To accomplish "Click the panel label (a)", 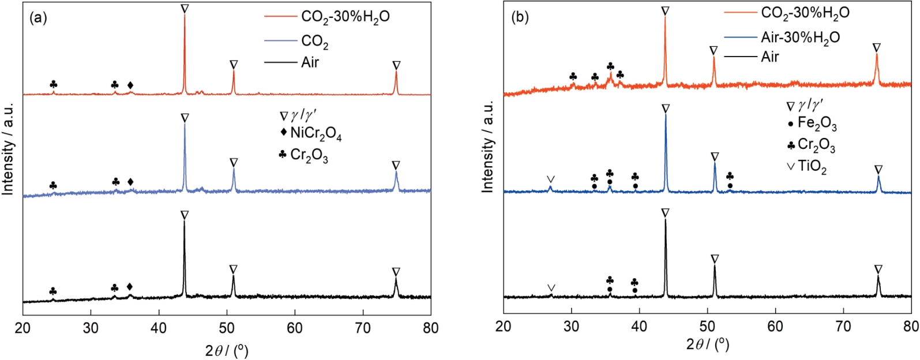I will click(x=38, y=18).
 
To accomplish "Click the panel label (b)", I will click(x=520, y=18).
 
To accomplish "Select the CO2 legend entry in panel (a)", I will click(x=314, y=42).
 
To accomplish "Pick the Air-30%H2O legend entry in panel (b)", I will click(x=800, y=38).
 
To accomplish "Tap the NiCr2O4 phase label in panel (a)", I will click(x=316, y=134).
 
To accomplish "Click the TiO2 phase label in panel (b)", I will click(x=812, y=167).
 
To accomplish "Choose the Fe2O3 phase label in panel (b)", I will click(x=817, y=123).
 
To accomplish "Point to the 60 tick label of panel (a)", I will click(x=295, y=328).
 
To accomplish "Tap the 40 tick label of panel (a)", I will click(x=159, y=328).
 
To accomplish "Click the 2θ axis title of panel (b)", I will click(x=707, y=345).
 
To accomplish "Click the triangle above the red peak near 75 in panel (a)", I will click(x=396, y=65).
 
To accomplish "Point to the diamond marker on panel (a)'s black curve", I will click(x=130, y=287).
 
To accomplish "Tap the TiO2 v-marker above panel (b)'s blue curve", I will click(x=551, y=179).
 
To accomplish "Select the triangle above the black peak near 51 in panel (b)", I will click(x=715, y=259).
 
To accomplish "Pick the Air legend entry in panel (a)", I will click(x=310, y=62).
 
